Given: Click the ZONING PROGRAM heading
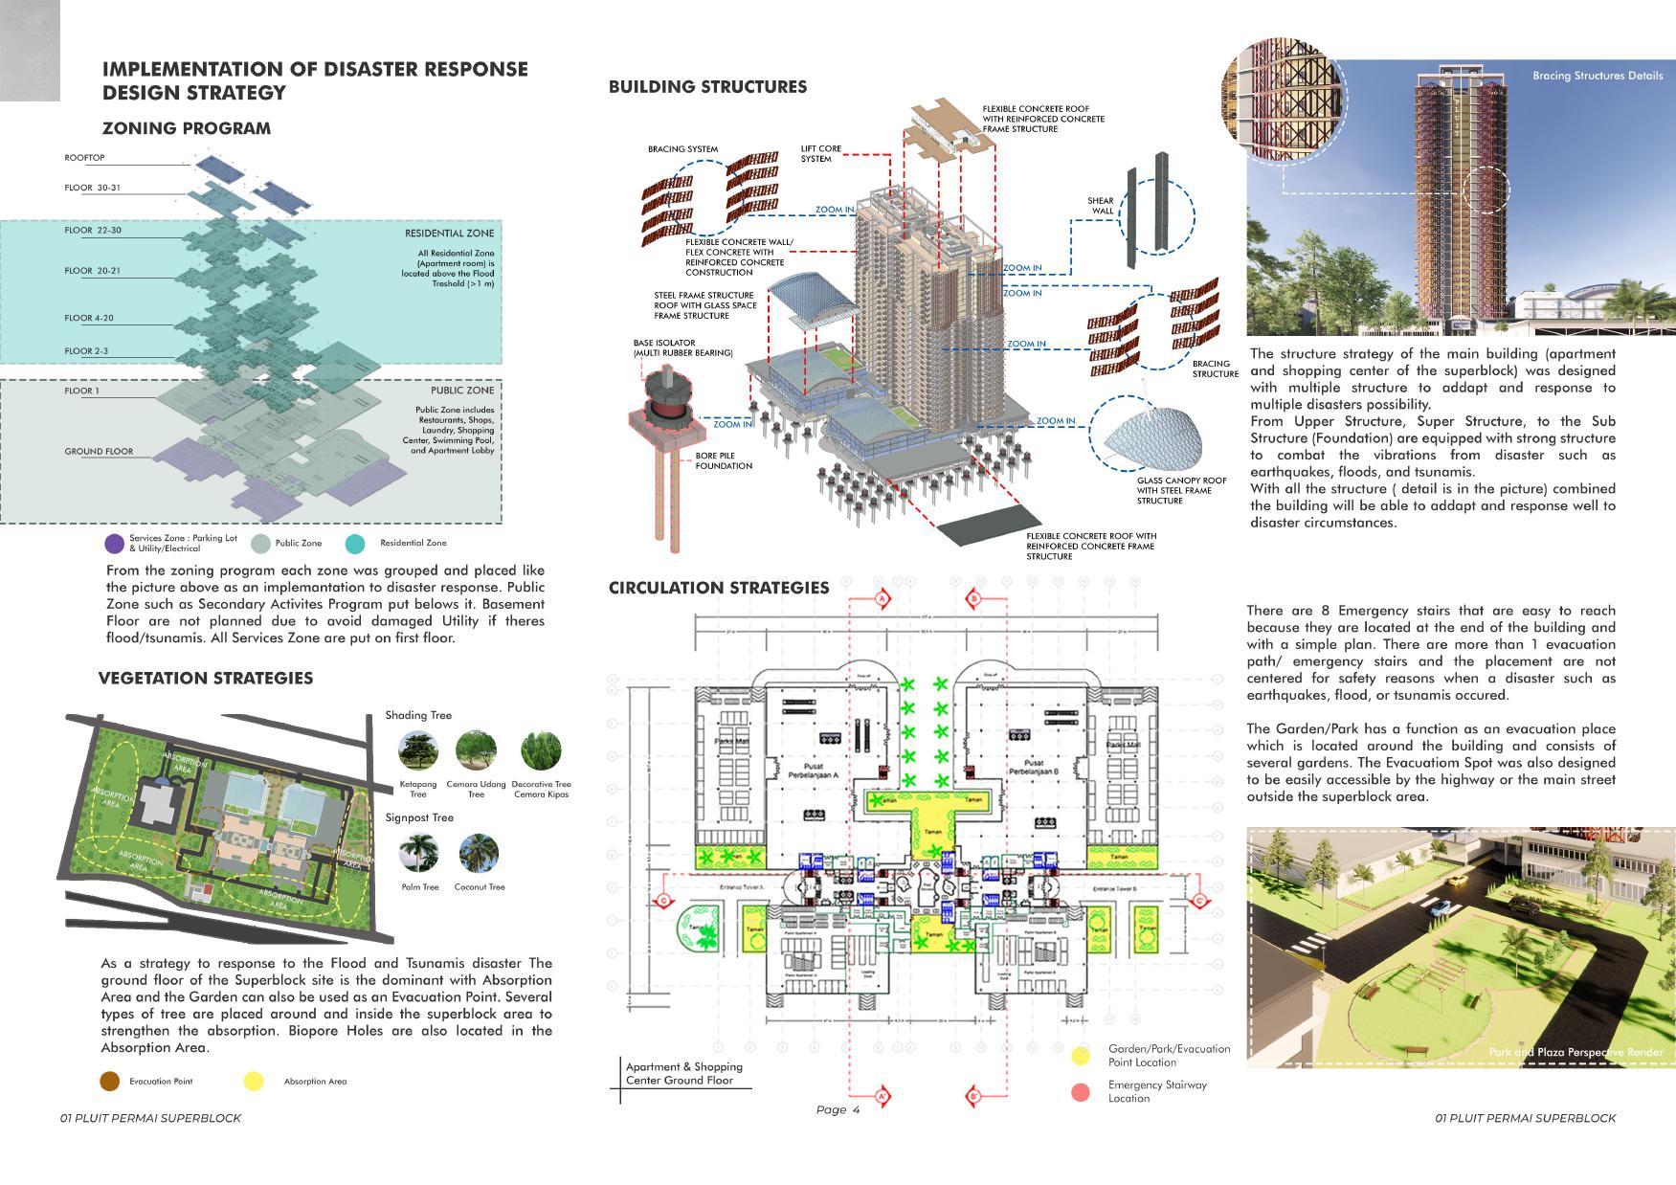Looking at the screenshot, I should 186,128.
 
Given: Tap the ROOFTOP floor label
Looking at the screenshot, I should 85,157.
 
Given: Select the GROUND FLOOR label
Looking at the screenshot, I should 99,451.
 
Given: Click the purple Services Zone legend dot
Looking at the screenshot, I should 114,544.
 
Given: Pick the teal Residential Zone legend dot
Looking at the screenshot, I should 355,544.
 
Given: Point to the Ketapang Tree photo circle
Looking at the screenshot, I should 418,750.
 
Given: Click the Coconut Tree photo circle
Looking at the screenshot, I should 479,853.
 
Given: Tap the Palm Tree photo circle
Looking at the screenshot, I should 419,853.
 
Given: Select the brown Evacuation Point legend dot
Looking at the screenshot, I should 110,1082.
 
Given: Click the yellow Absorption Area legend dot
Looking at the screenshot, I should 253,1082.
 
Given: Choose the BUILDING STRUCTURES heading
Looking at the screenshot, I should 707,87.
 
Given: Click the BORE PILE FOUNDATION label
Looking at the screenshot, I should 724,460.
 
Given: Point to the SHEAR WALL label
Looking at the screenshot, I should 1101,206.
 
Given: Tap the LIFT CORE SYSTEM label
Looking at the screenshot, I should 820,153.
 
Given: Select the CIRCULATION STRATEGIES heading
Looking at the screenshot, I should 719,588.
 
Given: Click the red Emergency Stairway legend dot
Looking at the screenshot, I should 1081,1092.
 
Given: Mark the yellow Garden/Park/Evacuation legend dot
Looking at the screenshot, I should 1081,1056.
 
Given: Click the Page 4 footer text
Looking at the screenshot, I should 838,1109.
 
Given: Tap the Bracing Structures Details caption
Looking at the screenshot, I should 1597,76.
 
